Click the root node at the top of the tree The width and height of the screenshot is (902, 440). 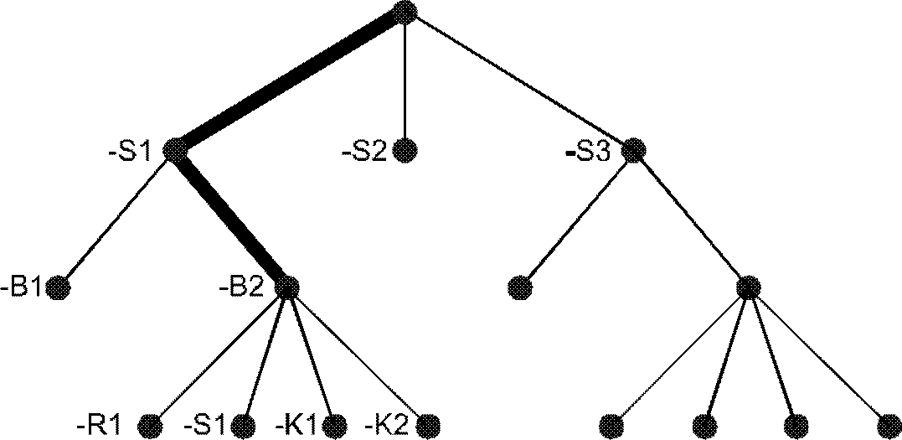click(405, 12)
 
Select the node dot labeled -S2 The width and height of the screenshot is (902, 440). click(405, 151)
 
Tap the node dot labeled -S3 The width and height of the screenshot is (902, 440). click(634, 151)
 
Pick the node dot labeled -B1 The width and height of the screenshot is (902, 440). click(58, 289)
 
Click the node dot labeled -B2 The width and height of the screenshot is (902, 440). click(286, 287)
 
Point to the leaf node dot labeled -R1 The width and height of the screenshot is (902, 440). click(150, 424)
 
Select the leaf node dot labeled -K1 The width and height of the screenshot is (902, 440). click(335, 424)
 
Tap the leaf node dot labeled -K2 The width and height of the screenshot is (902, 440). click(428, 424)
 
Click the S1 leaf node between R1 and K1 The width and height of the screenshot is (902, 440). click(244, 424)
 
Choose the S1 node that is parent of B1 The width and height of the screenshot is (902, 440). click(176, 151)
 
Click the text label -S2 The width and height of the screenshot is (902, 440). click(363, 153)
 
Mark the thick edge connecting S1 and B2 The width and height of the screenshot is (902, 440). click(231, 220)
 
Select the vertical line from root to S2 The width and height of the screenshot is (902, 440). click(405, 80)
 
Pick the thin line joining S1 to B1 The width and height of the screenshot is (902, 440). click(117, 220)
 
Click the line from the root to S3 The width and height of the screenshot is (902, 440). click(519, 81)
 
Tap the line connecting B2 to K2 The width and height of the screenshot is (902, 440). click(358, 356)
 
